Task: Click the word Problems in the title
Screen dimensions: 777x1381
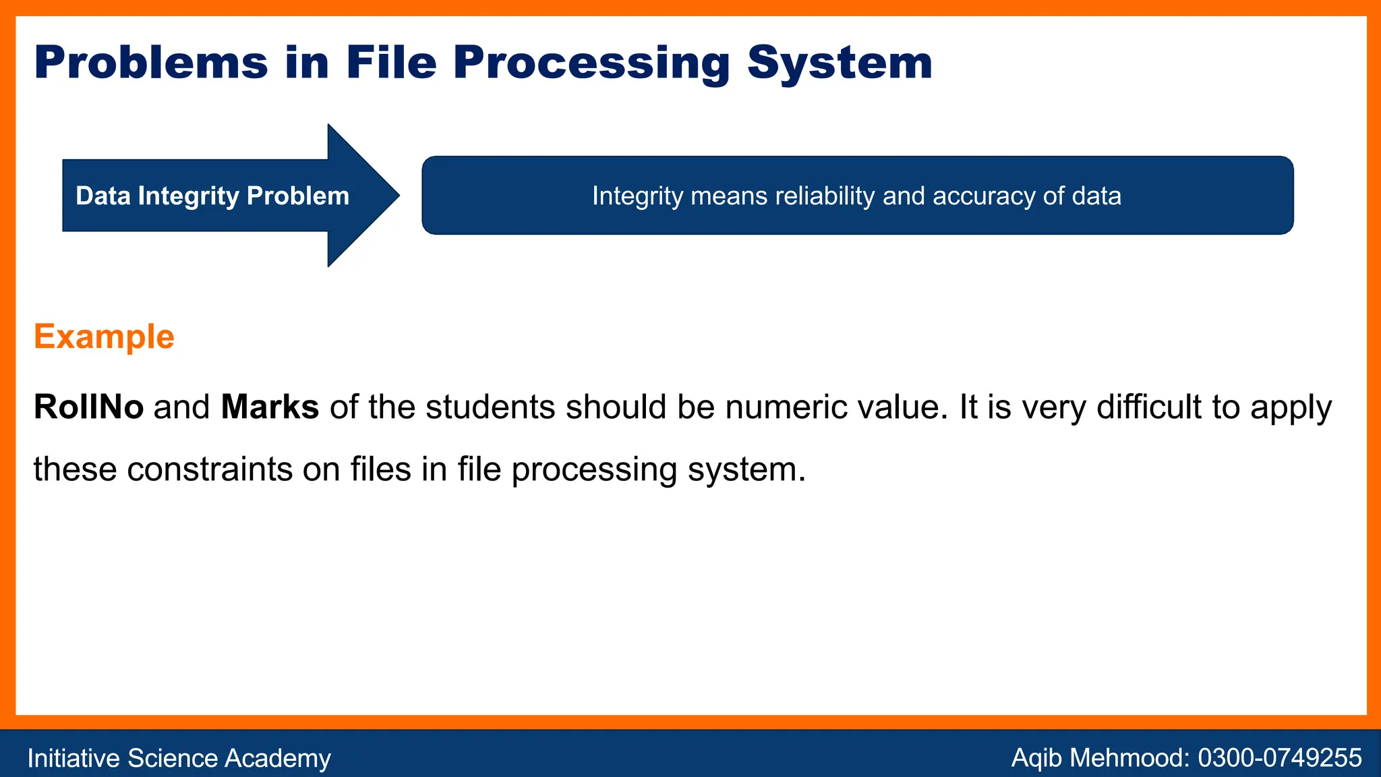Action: coord(151,63)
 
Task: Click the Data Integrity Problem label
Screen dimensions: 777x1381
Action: coord(212,196)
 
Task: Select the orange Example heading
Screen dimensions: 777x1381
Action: coord(104,337)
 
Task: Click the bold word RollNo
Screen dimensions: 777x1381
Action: coord(88,407)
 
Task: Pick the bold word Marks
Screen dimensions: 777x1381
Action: coord(270,407)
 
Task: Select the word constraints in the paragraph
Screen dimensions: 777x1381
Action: coord(209,469)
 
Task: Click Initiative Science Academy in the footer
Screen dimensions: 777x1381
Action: coord(179,758)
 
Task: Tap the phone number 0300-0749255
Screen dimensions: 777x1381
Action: coord(1279,758)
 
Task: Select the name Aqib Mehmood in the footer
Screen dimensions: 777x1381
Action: coord(1099,758)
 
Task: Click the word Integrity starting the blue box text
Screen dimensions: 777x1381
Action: coord(637,196)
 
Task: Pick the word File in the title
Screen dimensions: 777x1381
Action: coord(390,63)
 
